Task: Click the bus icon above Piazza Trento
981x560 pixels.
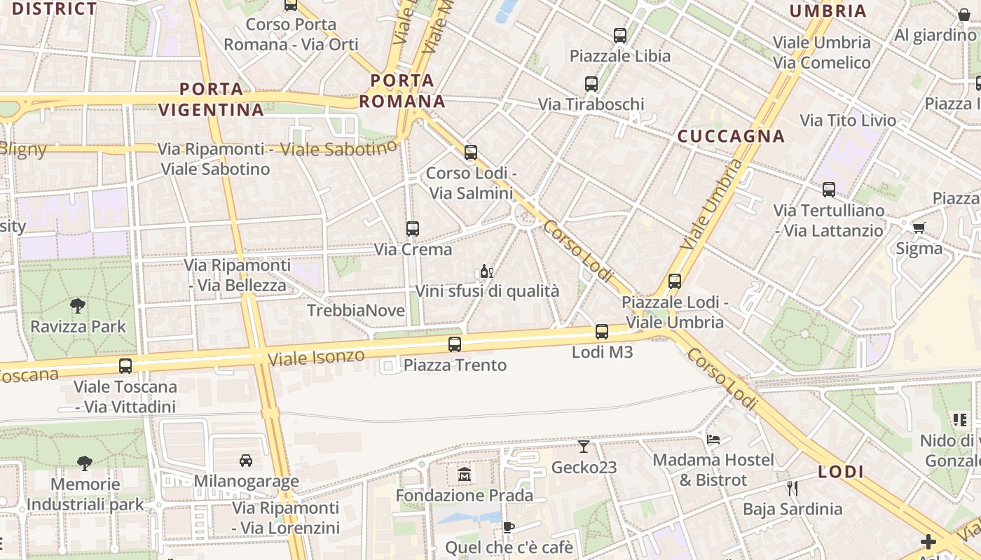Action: click(x=455, y=344)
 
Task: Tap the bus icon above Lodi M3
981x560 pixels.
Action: click(x=602, y=332)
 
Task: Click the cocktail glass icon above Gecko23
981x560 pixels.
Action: click(x=584, y=446)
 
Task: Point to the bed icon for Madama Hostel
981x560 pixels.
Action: click(x=713, y=440)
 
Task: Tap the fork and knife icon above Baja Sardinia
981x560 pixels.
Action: click(x=793, y=489)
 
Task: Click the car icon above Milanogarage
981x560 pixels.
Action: click(x=246, y=461)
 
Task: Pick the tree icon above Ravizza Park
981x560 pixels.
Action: click(x=78, y=305)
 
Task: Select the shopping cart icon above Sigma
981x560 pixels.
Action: click(x=919, y=227)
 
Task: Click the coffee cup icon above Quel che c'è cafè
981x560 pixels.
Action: click(x=509, y=527)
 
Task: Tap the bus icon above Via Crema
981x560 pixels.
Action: click(x=413, y=228)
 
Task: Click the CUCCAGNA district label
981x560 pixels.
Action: click(x=731, y=136)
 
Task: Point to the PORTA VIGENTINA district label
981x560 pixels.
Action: click(x=211, y=99)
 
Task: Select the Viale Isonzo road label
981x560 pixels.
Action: click(x=316, y=357)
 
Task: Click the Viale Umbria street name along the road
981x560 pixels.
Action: click(x=711, y=205)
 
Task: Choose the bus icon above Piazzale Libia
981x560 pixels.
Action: click(x=620, y=35)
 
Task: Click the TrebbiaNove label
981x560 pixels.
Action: click(x=356, y=310)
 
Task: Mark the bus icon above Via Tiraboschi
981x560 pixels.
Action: click(x=591, y=84)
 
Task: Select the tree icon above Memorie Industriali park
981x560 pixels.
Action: click(x=85, y=463)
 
